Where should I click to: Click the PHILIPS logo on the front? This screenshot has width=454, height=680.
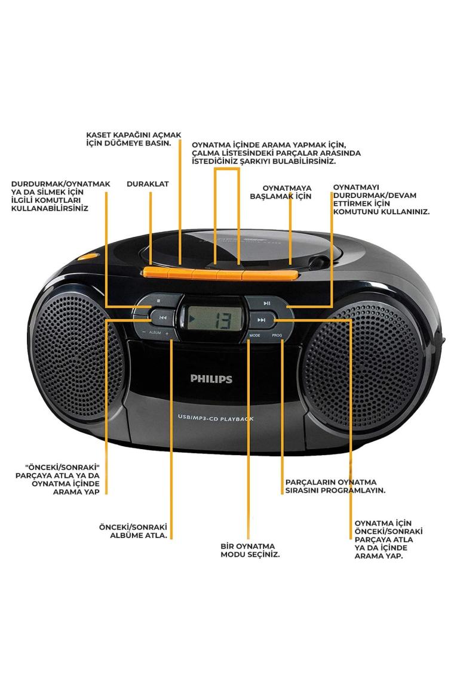[211, 378]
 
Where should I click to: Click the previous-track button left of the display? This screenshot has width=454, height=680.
[162, 318]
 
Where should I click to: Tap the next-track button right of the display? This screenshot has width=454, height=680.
[261, 320]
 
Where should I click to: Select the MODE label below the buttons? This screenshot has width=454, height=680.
[255, 336]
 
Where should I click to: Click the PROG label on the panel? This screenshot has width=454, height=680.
[277, 336]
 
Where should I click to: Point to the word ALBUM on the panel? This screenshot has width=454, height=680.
[155, 332]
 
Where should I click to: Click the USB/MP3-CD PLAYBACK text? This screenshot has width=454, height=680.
[215, 419]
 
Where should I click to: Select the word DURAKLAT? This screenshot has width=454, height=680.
[148, 184]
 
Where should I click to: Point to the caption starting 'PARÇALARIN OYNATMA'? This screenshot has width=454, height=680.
[335, 486]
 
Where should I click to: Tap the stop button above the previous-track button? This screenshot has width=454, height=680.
[158, 301]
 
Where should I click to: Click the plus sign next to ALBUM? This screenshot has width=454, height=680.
[167, 332]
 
